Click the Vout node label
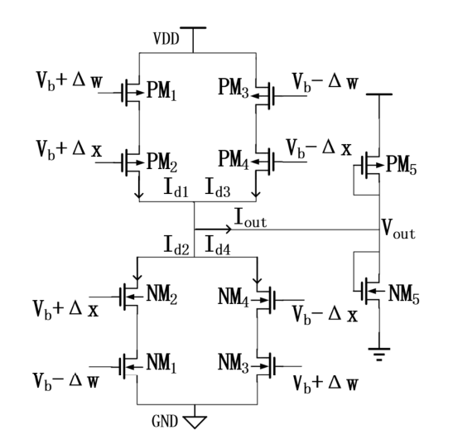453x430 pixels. tap(397, 234)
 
